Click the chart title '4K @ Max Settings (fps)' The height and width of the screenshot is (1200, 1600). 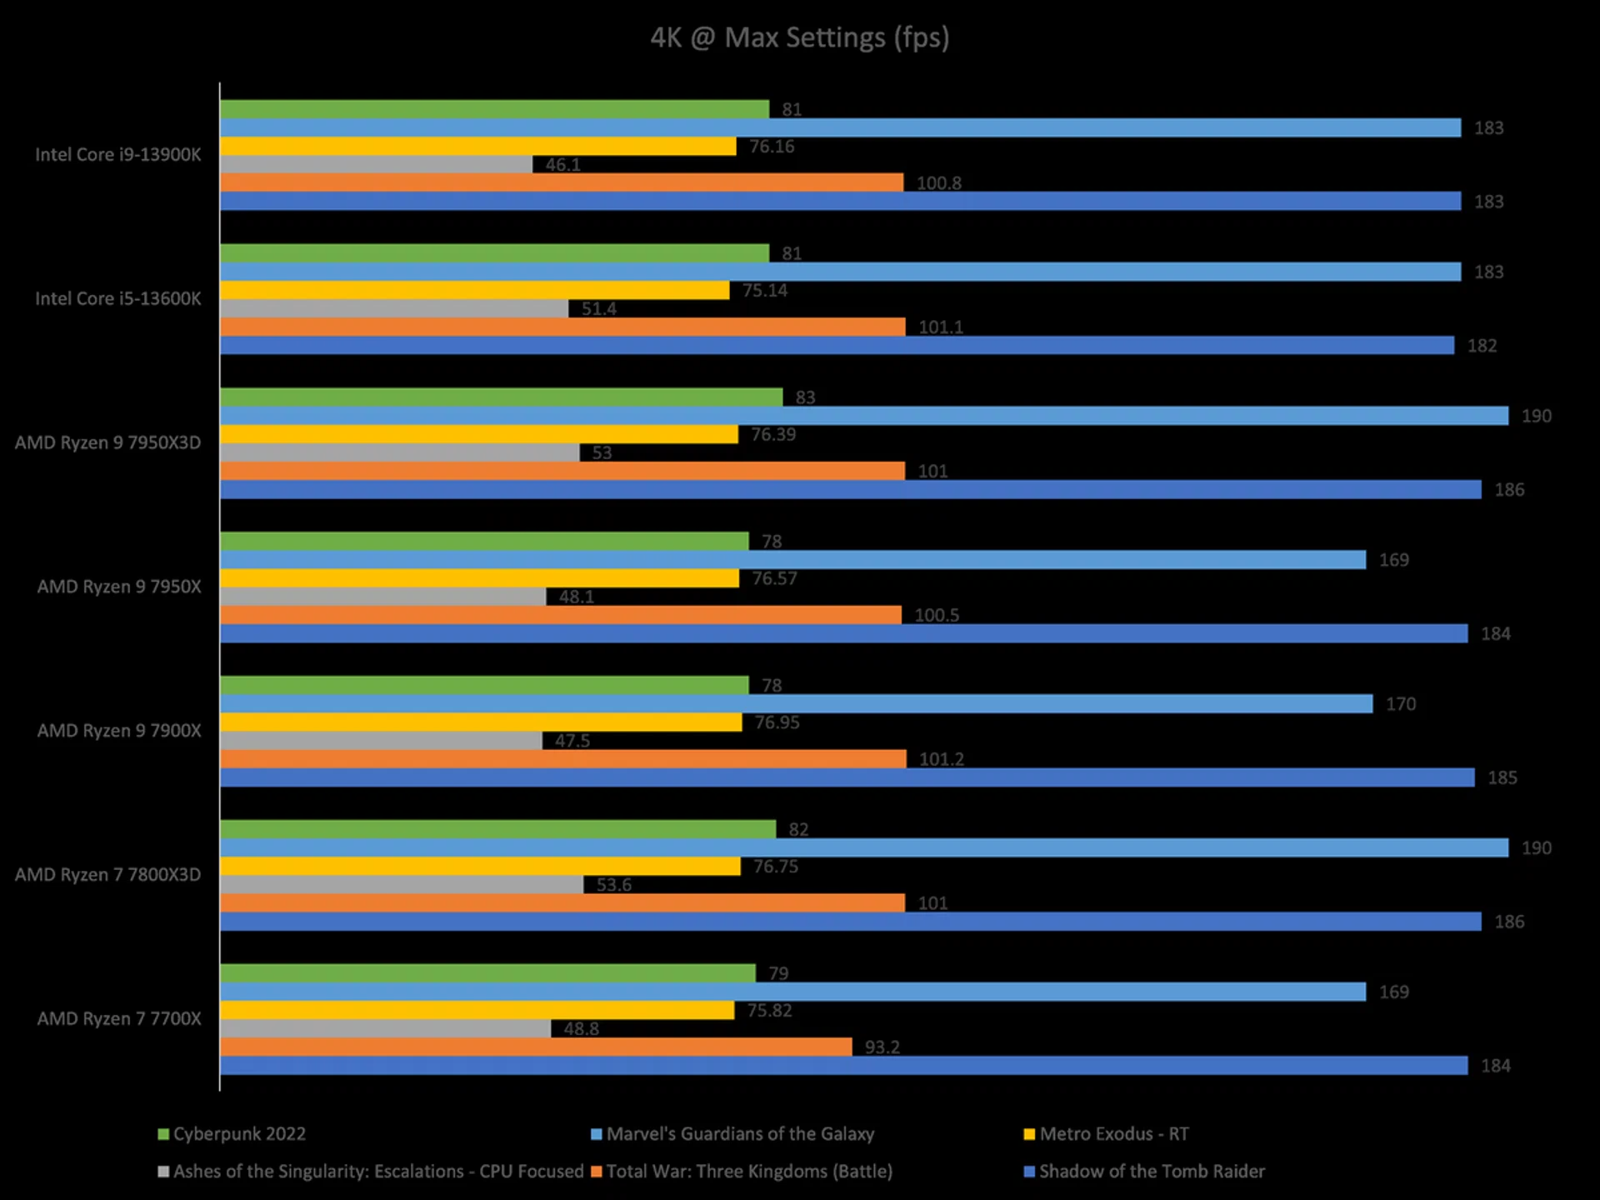tap(799, 37)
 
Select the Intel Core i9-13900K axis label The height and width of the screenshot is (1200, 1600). tap(117, 155)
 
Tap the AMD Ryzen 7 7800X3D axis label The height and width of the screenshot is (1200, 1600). tap(107, 875)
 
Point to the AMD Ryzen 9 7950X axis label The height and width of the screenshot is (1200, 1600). tap(119, 587)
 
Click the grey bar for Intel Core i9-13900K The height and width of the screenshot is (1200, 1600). tap(376, 165)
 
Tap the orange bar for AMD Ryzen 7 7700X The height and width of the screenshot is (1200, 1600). tap(536, 1047)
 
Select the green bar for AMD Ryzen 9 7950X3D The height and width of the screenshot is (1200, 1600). tap(501, 397)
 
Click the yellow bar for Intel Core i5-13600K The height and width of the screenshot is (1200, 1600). tap(474, 290)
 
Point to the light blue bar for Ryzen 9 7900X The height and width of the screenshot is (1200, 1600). tap(796, 704)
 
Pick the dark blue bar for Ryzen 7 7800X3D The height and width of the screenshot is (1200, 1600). tap(850, 922)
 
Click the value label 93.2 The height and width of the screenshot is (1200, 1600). tap(882, 1047)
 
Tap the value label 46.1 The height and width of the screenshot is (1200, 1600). tap(563, 165)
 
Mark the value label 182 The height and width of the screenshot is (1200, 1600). tap(1482, 346)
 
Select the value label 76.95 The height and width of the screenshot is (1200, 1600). tap(777, 722)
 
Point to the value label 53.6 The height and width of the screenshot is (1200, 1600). tap(613, 885)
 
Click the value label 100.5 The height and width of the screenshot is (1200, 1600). tap(937, 616)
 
